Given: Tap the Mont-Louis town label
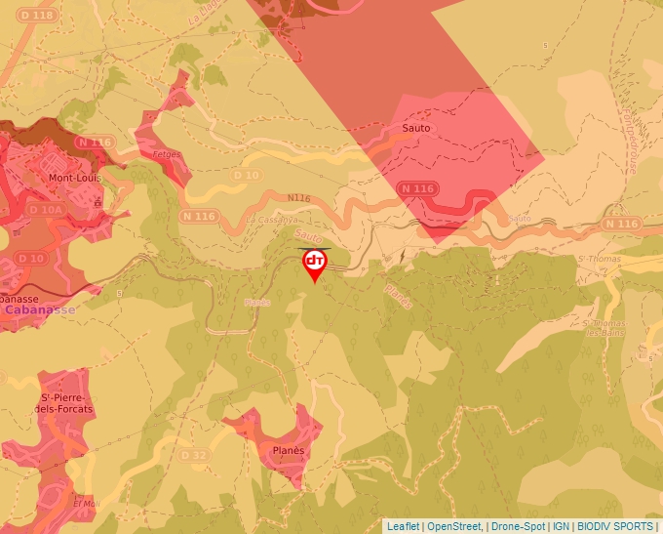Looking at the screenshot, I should click(x=76, y=179).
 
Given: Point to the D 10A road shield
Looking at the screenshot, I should click(x=45, y=209).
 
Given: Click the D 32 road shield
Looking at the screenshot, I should click(x=195, y=455).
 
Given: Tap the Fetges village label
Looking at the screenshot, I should click(x=167, y=154).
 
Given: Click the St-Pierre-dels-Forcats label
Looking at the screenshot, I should click(x=66, y=402).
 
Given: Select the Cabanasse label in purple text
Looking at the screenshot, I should click(x=39, y=309).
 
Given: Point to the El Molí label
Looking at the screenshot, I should click(x=86, y=504).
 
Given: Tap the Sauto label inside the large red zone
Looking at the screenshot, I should click(x=416, y=128).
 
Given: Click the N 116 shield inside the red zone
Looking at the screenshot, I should click(x=417, y=188).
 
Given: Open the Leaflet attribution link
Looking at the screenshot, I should click(x=403, y=526).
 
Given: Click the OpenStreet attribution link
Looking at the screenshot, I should click(x=453, y=526).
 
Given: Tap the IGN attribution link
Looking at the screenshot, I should click(x=561, y=526).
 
